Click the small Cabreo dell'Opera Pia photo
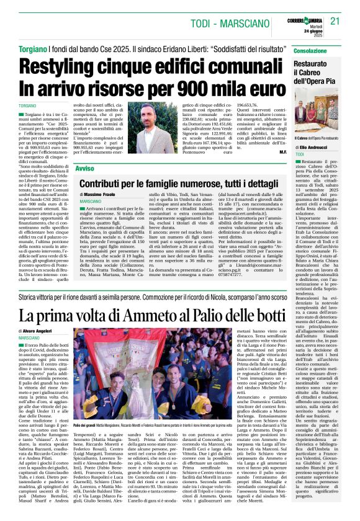click(x=325, y=114)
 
